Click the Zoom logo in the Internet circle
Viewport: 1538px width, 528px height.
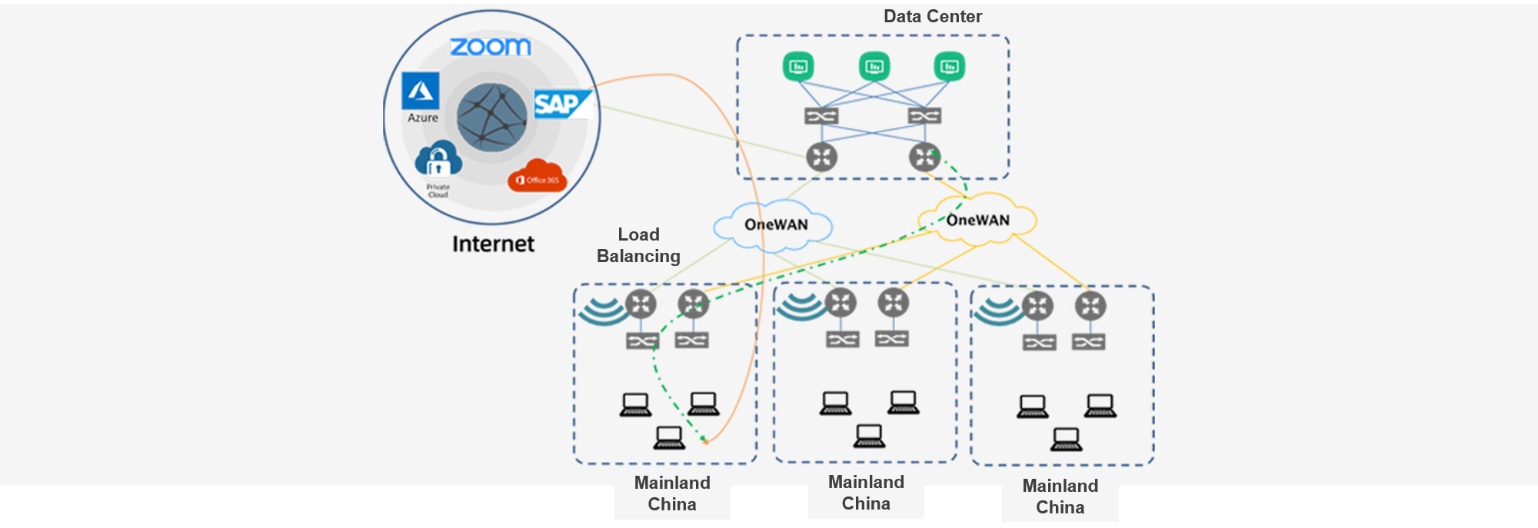tap(490, 47)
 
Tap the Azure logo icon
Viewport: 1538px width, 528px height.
tap(421, 91)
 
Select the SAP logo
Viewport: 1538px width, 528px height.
tap(561, 104)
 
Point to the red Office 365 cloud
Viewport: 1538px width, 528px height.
tap(537, 176)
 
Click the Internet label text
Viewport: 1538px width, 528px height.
tap(493, 244)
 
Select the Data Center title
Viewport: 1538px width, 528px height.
tap(932, 16)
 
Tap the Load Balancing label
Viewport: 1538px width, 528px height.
tap(638, 245)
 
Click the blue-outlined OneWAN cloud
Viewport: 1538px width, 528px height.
tap(774, 225)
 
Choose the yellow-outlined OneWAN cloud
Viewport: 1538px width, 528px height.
tap(977, 220)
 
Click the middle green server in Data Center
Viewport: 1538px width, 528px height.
tap(874, 67)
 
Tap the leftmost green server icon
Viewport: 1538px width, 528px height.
tap(798, 67)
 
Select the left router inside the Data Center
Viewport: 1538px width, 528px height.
tap(821, 157)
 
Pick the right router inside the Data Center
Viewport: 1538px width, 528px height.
tap(924, 157)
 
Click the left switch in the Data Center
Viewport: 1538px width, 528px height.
tap(821, 116)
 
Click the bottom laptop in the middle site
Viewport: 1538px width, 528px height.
tap(869, 436)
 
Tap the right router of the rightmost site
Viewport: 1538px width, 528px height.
tap(1090, 306)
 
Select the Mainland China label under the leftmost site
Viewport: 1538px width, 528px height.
tap(672, 493)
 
